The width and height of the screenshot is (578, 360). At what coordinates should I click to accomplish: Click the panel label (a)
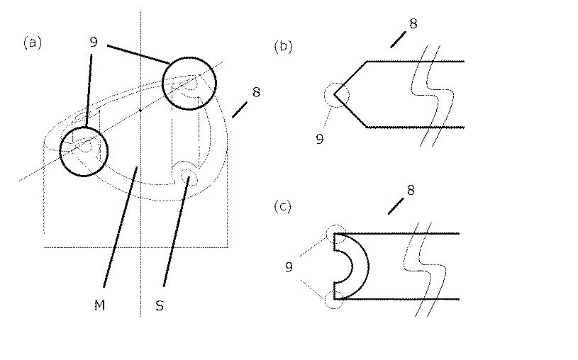[33, 43]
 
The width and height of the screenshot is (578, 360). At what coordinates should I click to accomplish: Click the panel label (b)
[284, 47]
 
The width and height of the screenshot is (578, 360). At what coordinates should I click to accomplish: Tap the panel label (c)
[284, 206]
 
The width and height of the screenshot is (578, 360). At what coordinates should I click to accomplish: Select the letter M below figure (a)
[99, 305]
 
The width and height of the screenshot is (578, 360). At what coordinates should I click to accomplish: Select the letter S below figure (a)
[160, 305]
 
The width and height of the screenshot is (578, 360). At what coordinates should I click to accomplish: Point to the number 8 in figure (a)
[256, 91]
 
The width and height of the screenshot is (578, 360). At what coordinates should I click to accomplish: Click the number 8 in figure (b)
[413, 23]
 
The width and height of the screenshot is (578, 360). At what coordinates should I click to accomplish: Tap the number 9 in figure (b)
[320, 140]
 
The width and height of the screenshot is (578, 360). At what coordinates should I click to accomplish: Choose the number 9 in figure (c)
[289, 268]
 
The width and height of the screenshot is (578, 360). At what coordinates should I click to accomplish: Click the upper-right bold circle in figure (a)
[189, 83]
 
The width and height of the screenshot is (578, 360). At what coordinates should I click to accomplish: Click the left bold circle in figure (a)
[84, 152]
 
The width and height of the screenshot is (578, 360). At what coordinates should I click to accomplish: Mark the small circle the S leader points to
[187, 174]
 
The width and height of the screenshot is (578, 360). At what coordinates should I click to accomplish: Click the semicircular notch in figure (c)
[350, 266]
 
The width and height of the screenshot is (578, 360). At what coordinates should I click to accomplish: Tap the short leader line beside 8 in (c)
[396, 205]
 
